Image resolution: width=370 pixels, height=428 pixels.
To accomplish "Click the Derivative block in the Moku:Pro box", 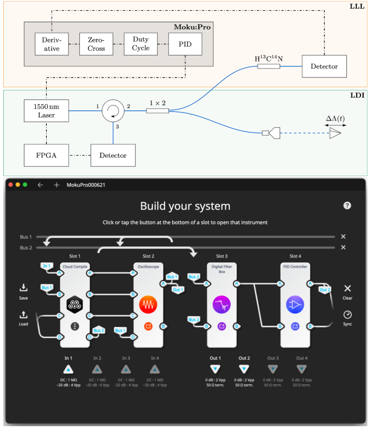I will [x=51, y=44].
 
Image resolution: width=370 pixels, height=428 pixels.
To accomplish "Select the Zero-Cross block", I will [x=96, y=44].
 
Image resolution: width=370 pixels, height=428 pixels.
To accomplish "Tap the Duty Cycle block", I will [x=140, y=44].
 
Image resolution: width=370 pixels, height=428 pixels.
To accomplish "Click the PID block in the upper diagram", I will [x=185, y=44].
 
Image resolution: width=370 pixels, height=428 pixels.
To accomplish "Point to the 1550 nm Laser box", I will [x=46, y=111].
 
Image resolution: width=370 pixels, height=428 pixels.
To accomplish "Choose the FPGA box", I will [x=46, y=155].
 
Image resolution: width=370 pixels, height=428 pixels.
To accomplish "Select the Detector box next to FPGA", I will [x=113, y=155].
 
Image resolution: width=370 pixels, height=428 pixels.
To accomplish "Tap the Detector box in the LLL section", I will [x=324, y=66].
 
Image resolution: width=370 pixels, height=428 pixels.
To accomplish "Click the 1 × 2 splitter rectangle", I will [x=158, y=111].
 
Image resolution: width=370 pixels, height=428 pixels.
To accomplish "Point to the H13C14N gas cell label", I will [x=269, y=59].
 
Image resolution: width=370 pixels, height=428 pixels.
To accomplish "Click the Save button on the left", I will [x=23, y=291].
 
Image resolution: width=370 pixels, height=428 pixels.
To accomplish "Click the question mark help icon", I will [x=347, y=205].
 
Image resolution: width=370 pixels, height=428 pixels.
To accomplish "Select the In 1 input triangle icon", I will [x=68, y=369].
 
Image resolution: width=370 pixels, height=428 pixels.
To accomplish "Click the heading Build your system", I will [x=185, y=206].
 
